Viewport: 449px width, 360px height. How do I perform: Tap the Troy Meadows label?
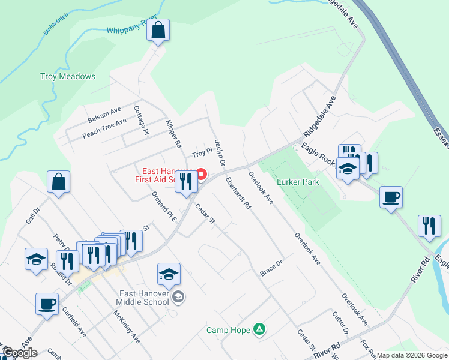pyautogui.click(x=68, y=77)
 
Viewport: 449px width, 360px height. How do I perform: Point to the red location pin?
pyautogui.click(x=202, y=175)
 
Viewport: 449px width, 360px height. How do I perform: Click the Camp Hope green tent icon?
pyautogui.click(x=259, y=329)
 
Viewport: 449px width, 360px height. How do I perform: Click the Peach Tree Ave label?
pyautogui.click(x=104, y=127)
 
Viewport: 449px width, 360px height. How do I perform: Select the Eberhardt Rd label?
pyautogui.click(x=238, y=193)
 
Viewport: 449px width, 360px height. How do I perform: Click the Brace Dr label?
pyautogui.click(x=271, y=268)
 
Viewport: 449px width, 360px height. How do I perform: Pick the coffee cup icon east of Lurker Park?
pyautogui.click(x=391, y=197)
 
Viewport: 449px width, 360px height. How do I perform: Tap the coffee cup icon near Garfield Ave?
pyautogui.click(x=47, y=304)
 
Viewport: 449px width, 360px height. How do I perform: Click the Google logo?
pyautogui.click(x=20, y=353)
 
